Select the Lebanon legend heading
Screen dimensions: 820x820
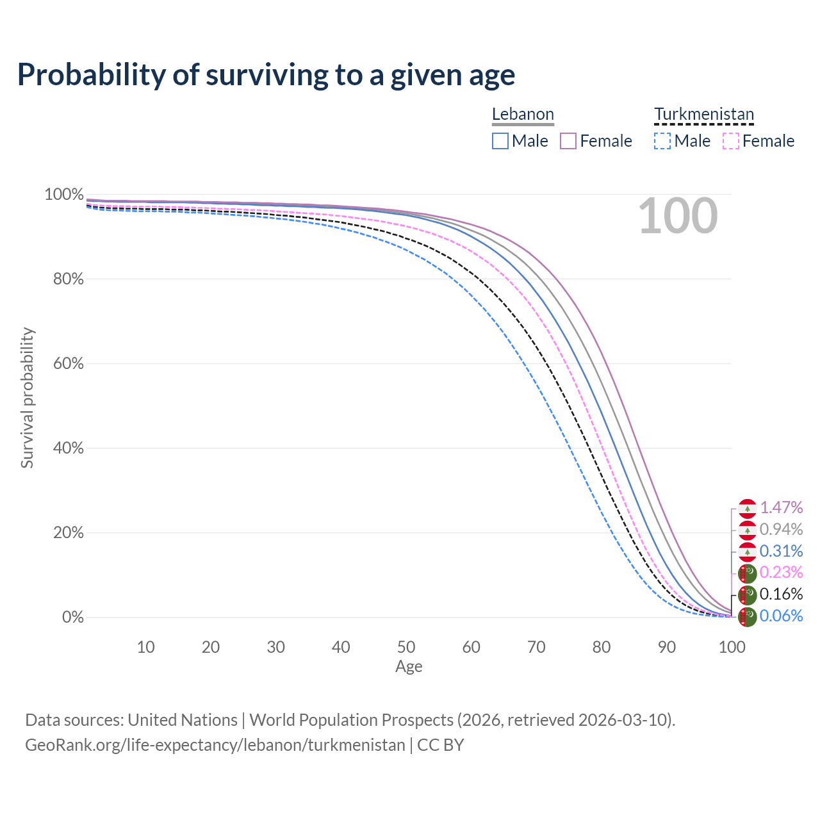tap(523, 115)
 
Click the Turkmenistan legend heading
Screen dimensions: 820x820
tap(704, 115)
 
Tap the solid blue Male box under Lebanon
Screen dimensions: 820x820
tap(500, 141)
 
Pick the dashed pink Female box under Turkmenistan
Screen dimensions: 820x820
tap(731, 141)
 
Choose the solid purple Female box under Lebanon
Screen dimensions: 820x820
tap(568, 141)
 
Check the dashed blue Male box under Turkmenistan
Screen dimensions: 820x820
tap(662, 141)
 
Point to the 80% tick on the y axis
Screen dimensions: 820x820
tap(64, 279)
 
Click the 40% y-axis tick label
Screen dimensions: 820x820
tap(64, 448)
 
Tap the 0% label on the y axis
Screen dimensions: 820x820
tap(72, 617)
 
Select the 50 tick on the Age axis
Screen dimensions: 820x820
tap(406, 647)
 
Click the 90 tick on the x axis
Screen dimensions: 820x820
tap(667, 647)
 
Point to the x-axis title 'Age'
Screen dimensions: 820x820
tap(409, 666)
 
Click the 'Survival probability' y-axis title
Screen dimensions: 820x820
tap(27, 398)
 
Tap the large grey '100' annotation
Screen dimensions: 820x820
tap(678, 216)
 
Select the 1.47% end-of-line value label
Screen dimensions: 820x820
tap(781, 508)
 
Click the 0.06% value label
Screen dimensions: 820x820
tap(781, 616)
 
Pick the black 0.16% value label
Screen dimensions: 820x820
tap(781, 594)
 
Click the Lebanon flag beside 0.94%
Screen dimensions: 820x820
tap(748, 530)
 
